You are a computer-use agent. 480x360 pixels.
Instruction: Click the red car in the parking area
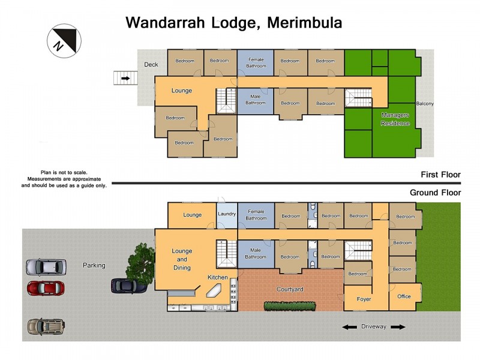(x=46, y=288)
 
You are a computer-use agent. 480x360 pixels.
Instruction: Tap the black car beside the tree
(x=128, y=286)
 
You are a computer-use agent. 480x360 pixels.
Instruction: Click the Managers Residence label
(x=395, y=119)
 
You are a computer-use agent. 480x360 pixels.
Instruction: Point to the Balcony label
(x=425, y=104)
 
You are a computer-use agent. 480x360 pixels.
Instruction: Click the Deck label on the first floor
(x=151, y=65)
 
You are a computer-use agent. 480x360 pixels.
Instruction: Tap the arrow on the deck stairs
(x=125, y=78)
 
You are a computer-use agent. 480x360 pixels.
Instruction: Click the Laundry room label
(x=227, y=214)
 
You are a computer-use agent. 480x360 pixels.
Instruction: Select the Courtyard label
(x=290, y=289)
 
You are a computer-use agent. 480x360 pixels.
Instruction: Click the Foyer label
(x=364, y=299)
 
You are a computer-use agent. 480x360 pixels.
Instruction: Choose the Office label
(x=404, y=296)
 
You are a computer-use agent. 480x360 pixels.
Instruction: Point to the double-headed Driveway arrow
(x=374, y=327)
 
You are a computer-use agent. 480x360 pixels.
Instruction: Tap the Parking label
(x=94, y=265)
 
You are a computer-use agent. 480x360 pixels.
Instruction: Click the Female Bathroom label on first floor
(x=256, y=63)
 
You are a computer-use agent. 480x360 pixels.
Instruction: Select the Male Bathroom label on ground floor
(x=256, y=254)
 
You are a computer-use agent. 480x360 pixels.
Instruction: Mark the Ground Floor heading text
(x=435, y=193)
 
